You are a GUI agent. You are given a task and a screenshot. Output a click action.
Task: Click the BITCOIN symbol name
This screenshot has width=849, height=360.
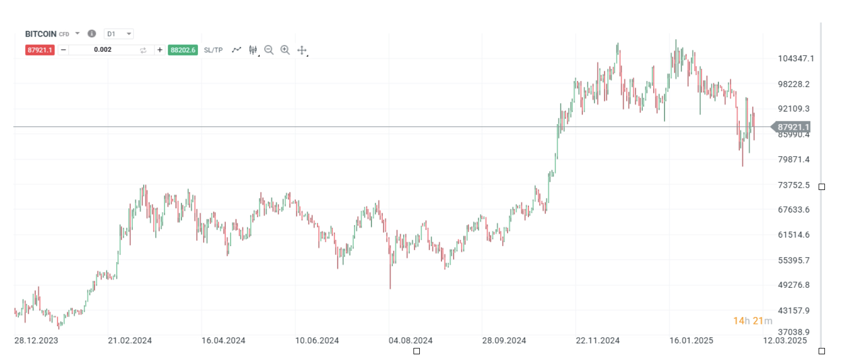41,34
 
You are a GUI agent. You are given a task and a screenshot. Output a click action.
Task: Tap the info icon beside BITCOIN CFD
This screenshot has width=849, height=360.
92,33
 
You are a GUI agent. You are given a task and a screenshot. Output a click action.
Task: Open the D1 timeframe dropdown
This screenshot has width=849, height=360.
119,34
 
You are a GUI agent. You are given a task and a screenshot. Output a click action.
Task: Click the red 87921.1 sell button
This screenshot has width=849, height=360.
40,50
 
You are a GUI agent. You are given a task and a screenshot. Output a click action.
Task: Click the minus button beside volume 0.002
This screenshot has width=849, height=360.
63,50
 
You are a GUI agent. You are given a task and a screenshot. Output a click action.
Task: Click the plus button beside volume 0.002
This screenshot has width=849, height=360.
160,50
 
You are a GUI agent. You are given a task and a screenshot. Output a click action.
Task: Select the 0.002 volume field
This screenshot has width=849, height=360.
103,50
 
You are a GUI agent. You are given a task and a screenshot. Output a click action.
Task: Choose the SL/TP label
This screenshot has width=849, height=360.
213,50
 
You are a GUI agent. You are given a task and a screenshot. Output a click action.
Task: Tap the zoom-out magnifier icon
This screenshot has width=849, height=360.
269,50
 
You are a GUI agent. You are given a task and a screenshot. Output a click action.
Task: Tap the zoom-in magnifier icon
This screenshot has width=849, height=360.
285,50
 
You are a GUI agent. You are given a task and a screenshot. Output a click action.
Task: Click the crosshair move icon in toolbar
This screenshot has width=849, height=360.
302,50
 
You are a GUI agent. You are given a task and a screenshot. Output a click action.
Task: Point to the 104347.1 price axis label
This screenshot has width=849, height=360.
796,59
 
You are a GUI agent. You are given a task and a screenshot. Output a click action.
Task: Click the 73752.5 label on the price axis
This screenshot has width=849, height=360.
794,185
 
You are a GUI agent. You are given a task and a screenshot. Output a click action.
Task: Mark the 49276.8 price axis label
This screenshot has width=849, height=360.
794,285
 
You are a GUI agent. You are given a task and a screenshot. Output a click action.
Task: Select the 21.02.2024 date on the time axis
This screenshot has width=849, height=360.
130,341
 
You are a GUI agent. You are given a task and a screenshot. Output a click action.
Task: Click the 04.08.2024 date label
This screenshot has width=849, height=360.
410,341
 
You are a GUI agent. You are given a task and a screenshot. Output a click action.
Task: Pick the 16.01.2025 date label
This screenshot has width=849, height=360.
691,341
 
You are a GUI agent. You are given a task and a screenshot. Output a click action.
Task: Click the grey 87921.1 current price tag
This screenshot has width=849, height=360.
792,127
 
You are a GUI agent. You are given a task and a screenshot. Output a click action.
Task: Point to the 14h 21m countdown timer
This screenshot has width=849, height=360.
752,321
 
